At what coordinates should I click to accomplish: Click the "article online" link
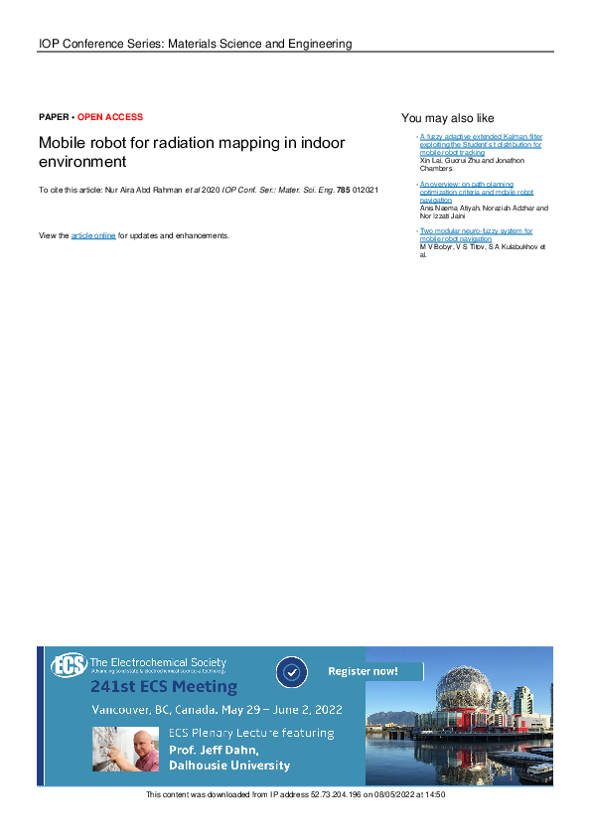[93, 235]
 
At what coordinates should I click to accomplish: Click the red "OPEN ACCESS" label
[110, 117]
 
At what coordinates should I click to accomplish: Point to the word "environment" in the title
[82, 161]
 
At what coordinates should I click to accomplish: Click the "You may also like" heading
[447, 117]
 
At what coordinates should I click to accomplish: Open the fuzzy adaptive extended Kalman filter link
[481, 144]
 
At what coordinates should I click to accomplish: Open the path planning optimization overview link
[477, 192]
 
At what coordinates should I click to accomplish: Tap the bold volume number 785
[344, 189]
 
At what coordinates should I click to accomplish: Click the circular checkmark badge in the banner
[291, 672]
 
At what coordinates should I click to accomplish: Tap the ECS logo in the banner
[70, 664]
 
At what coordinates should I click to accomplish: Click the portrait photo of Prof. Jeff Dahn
[125, 749]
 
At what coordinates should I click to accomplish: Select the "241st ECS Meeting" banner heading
[164, 686]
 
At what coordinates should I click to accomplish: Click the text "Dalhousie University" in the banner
[228, 766]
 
